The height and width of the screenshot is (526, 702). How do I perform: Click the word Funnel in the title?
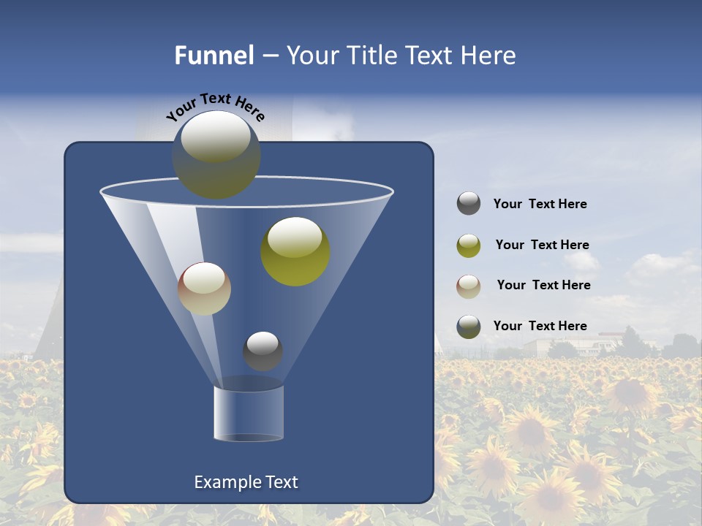(x=214, y=56)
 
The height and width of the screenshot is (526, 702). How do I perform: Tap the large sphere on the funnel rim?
(x=216, y=155)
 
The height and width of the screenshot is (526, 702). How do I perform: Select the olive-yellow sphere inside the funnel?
(x=295, y=251)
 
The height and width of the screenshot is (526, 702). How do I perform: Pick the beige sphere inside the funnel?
(x=204, y=289)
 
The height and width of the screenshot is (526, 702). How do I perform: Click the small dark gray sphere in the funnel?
(x=263, y=351)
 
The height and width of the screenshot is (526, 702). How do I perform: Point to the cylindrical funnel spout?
(x=249, y=413)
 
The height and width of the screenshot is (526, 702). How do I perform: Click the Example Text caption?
(x=246, y=482)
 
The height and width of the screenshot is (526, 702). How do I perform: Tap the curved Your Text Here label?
(x=215, y=107)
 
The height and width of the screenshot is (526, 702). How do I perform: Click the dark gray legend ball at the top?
(x=469, y=203)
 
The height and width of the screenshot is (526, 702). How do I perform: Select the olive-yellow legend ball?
(x=469, y=245)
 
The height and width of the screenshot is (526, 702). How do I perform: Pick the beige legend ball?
(x=469, y=286)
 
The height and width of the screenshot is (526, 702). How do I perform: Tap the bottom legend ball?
(x=469, y=327)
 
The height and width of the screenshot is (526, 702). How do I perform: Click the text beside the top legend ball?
(x=540, y=204)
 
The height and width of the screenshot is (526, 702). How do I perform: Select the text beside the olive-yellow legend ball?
(x=542, y=245)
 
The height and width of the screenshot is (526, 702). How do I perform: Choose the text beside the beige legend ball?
(x=543, y=285)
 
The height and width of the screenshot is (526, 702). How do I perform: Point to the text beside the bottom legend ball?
(x=540, y=326)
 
